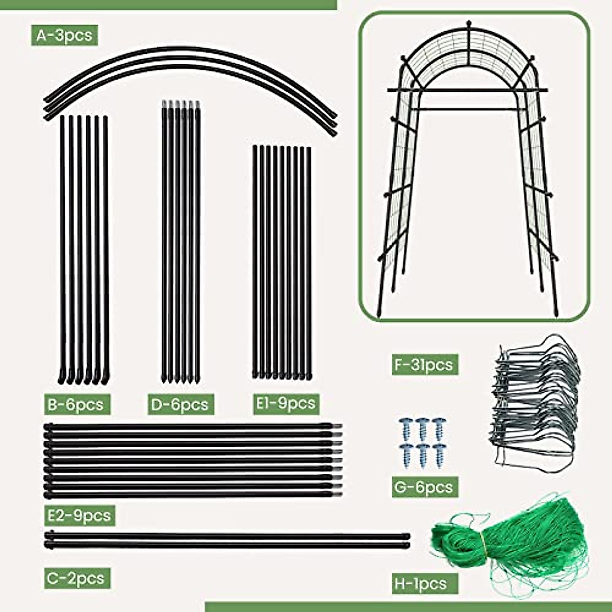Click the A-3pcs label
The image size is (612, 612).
[x=64, y=35]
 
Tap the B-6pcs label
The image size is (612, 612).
[x=75, y=404]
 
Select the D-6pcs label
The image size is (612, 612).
[x=180, y=404]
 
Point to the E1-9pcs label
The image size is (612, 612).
[x=285, y=403]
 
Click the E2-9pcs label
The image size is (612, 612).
[x=79, y=515]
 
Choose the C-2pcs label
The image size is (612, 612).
[x=75, y=578]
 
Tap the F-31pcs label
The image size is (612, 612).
[x=425, y=365]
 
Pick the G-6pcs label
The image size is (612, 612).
[x=424, y=487]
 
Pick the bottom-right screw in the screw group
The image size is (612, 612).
[x=439, y=455]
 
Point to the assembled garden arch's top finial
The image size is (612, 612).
[x=468, y=25]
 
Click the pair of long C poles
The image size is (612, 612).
[x=227, y=540]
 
